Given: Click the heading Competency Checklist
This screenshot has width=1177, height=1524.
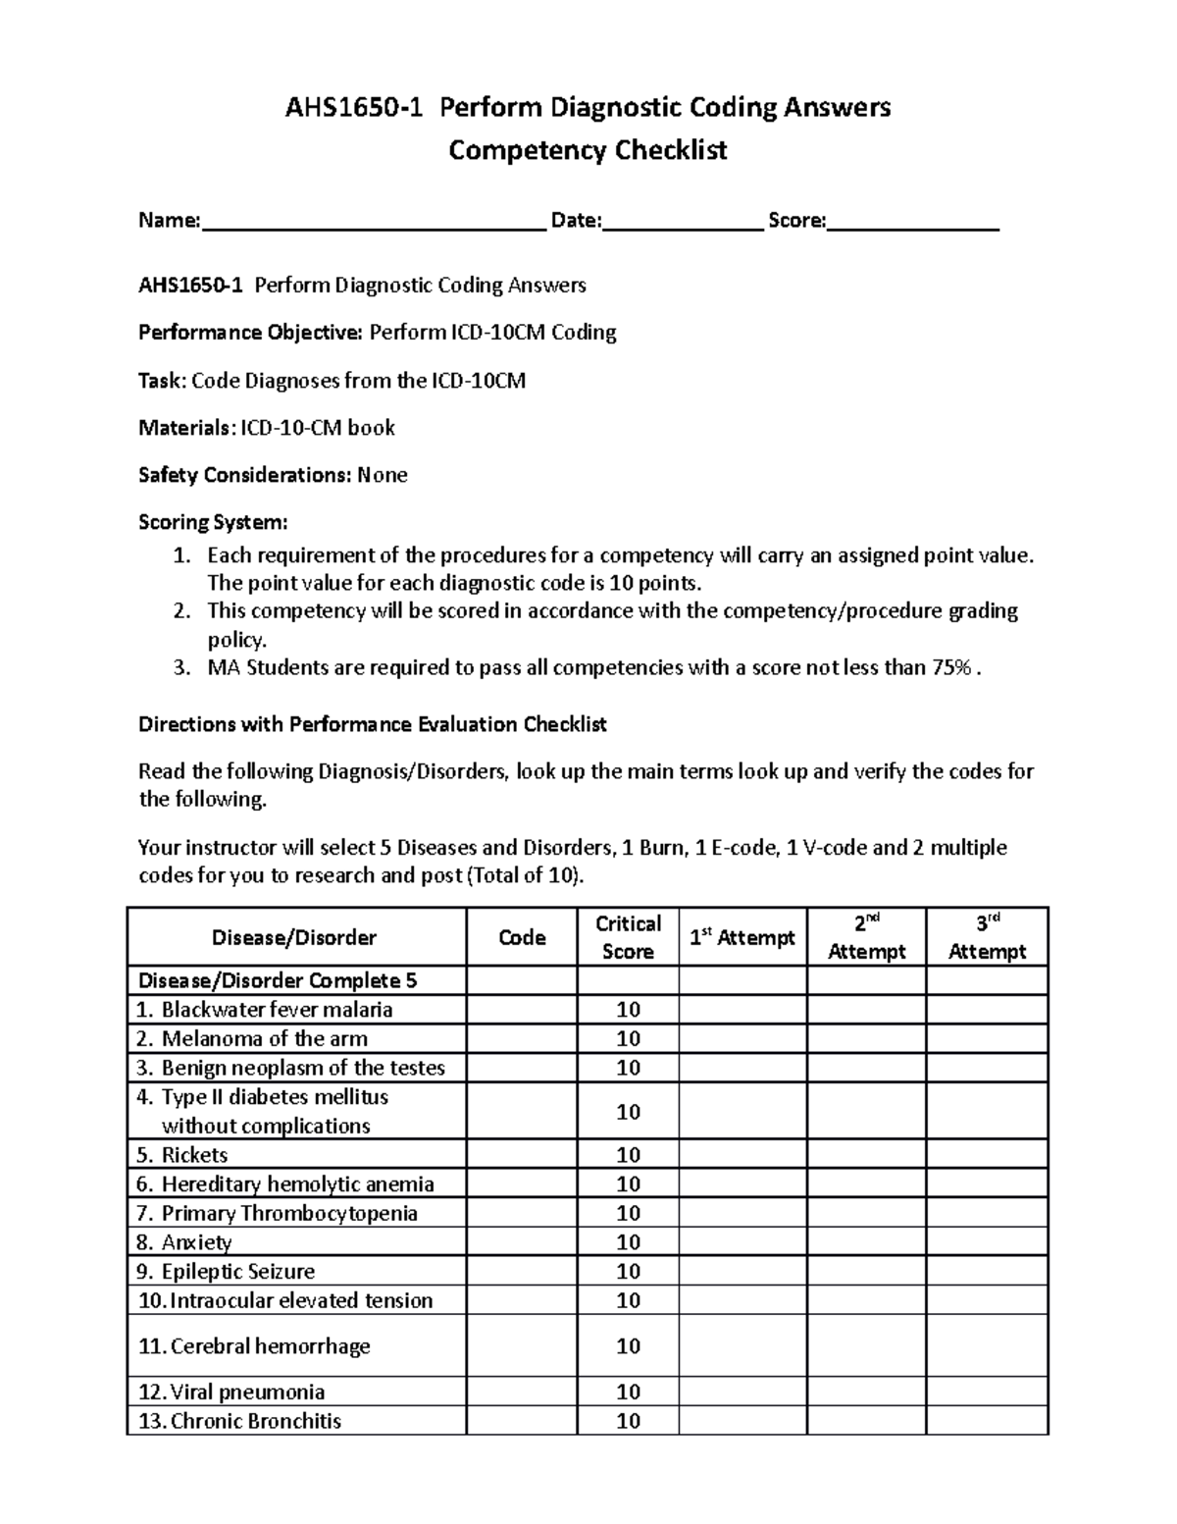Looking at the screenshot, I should [x=588, y=151].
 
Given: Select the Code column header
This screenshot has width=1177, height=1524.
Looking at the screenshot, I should [x=522, y=937].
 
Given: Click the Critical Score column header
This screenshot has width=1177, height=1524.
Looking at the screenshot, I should [x=628, y=937].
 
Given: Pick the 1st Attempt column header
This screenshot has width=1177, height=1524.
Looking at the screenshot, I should [x=742, y=937].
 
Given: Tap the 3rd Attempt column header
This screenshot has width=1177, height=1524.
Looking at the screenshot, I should [x=987, y=937].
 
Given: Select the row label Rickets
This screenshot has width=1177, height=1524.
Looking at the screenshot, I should [x=194, y=1155].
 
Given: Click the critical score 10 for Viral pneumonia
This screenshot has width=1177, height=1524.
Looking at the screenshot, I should [x=628, y=1393].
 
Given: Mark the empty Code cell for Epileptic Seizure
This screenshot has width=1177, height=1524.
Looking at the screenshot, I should [x=522, y=1272].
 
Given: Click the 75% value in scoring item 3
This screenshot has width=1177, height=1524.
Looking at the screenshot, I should [x=950, y=668].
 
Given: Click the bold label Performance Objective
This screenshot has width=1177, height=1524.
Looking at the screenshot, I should [x=249, y=333].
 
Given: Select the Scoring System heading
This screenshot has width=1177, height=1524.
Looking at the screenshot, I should [x=213, y=522].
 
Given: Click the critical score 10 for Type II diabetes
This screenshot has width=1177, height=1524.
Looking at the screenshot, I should [x=628, y=1112].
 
